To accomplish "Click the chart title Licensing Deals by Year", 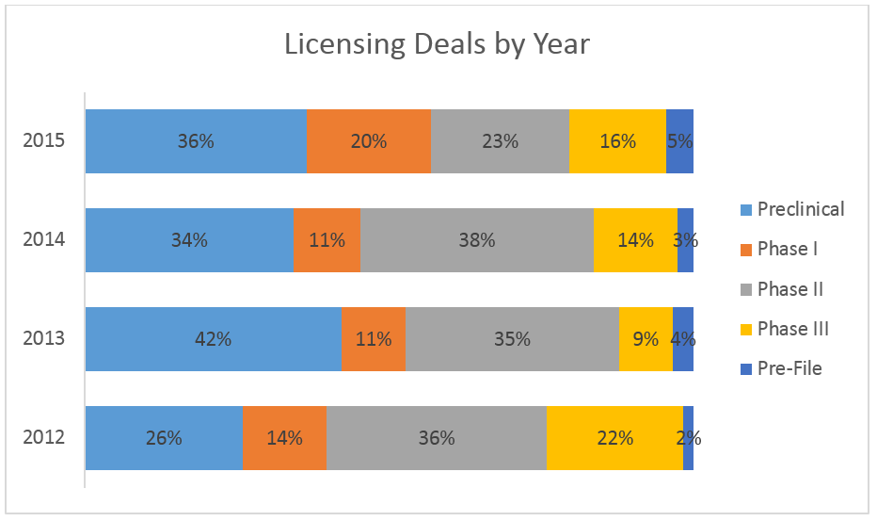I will [x=438, y=44].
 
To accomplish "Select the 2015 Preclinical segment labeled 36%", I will [x=196, y=141].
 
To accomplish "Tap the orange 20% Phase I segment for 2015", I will [x=368, y=141].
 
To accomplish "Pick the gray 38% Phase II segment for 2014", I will [x=477, y=240].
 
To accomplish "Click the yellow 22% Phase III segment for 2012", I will [x=614, y=438].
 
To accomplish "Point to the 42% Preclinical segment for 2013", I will [x=214, y=339].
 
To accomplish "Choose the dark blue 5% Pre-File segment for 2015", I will [x=679, y=141].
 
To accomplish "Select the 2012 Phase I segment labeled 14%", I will [x=284, y=438].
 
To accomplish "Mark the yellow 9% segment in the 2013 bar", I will [x=646, y=339].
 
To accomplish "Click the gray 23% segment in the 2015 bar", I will [x=500, y=141].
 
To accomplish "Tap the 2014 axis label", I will [x=44, y=240].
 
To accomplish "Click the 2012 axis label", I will [x=44, y=438].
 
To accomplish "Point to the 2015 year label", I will [x=44, y=141].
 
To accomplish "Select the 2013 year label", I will [x=44, y=339].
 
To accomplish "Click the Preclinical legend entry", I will [x=800, y=209].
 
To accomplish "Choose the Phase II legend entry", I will [x=789, y=288].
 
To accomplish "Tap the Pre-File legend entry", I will [x=789, y=368].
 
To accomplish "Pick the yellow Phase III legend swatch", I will [x=746, y=329].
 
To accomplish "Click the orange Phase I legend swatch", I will [x=746, y=249].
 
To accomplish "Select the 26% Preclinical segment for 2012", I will [x=164, y=438].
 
